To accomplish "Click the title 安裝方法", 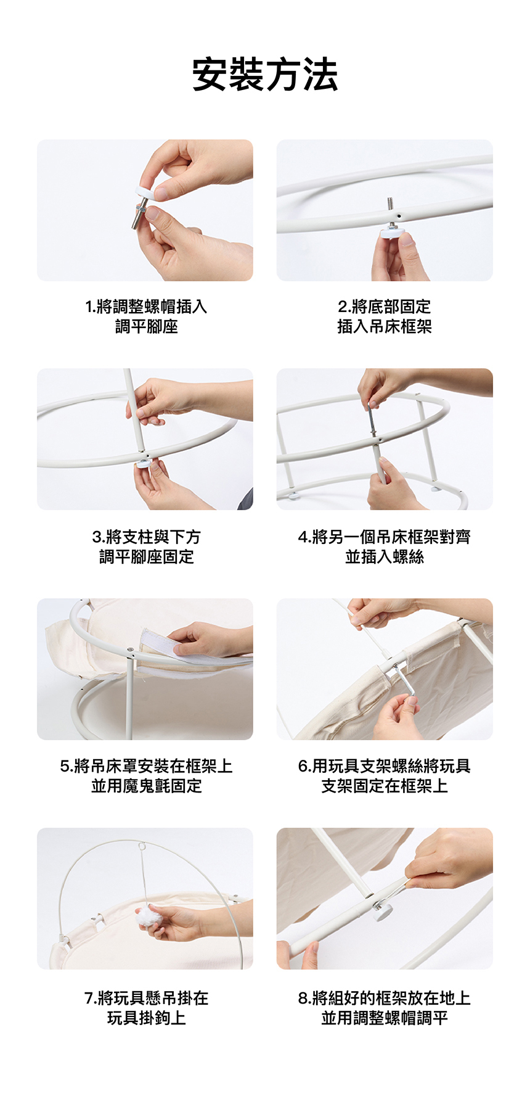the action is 265,75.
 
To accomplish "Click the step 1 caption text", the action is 146,316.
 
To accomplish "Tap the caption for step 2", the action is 385,316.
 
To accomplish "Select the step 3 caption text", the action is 146,546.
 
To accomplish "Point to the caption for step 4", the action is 385,546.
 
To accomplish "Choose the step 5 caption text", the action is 146,776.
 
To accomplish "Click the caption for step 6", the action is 385,776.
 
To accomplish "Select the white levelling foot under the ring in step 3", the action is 144,463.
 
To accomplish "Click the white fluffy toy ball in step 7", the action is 147,912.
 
